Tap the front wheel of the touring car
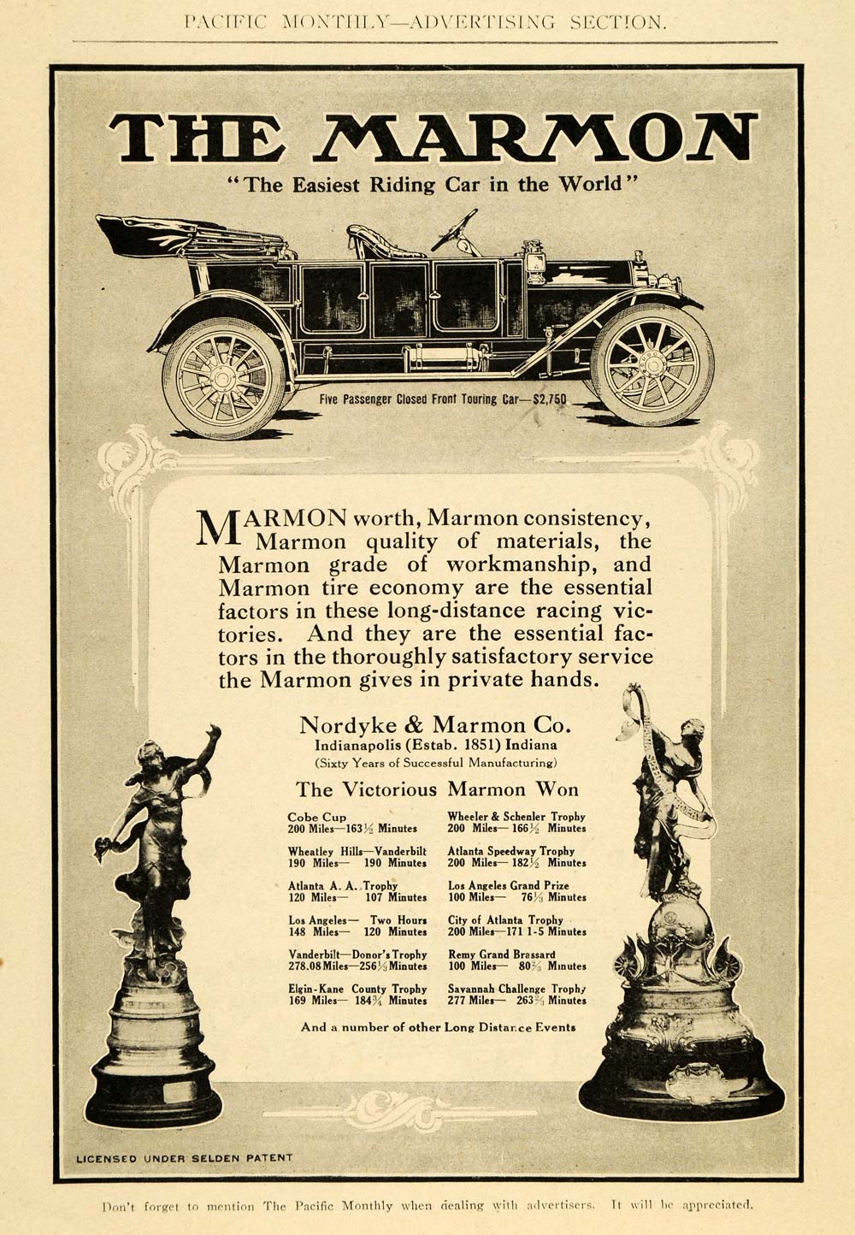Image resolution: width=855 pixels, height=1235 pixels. pyautogui.click(x=652, y=363)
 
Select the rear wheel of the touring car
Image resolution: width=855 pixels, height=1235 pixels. pyautogui.click(x=224, y=376)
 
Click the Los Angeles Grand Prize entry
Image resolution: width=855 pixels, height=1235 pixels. pyautogui.click(x=508, y=885)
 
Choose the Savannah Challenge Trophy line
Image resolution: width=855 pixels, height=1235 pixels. pyautogui.click(x=516, y=988)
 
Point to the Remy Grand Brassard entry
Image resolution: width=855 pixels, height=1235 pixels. pyautogui.click(x=501, y=954)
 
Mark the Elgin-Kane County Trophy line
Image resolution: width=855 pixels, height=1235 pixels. pyautogui.click(x=357, y=988)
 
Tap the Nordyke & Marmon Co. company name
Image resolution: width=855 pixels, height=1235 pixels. pyautogui.click(x=433, y=725)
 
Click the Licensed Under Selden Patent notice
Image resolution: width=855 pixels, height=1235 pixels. pyautogui.click(x=185, y=1158)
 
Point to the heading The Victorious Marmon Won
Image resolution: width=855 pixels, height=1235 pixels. pyautogui.click(x=436, y=789)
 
